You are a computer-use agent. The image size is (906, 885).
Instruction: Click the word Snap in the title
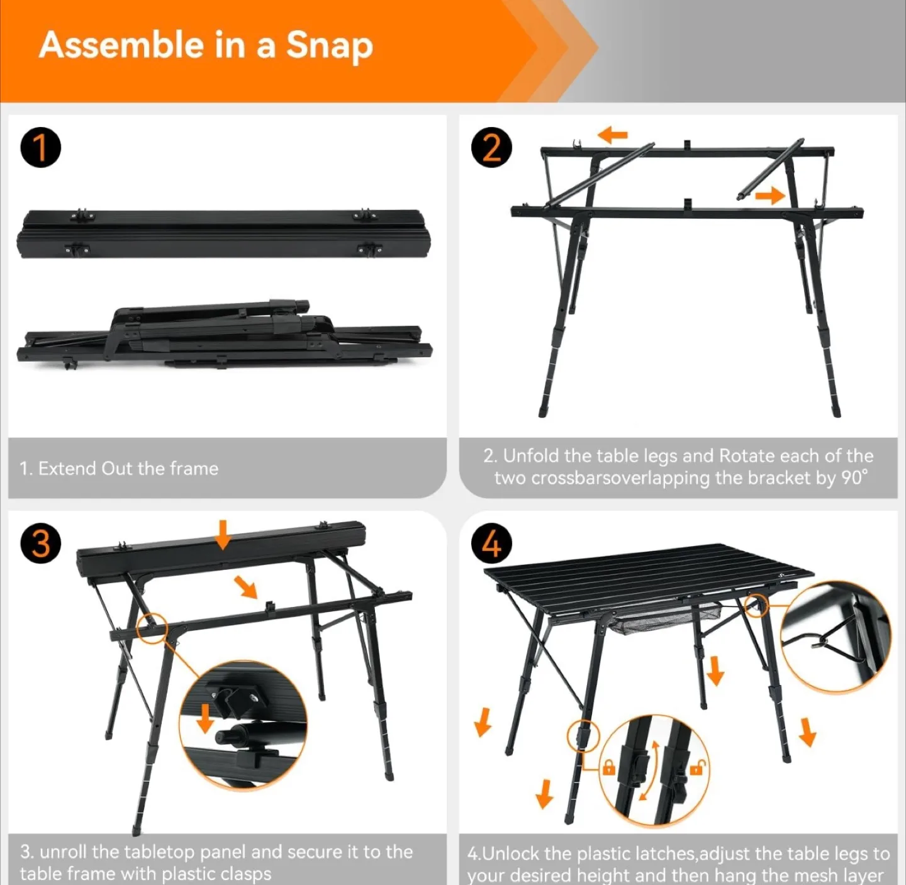(330, 46)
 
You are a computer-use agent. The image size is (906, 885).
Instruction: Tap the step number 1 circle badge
(40, 148)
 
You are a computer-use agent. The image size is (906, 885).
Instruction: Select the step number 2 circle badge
(491, 148)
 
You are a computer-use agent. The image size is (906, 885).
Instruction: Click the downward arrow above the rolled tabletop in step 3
(222, 534)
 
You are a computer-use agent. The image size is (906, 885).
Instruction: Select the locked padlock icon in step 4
(608, 767)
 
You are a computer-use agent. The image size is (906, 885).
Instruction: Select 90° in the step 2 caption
(854, 478)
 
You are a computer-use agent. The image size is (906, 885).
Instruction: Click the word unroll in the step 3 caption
(64, 852)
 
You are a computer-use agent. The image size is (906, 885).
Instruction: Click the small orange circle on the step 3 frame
(152, 626)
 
